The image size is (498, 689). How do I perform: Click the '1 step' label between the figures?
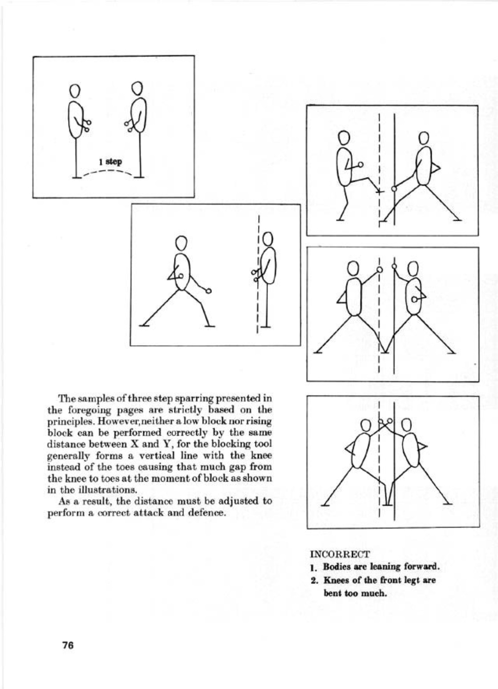tap(110, 162)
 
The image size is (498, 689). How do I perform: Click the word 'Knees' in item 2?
tap(336, 580)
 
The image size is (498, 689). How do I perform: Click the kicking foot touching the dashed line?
tap(378, 191)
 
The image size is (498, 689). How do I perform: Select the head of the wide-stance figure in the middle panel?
tap(181, 243)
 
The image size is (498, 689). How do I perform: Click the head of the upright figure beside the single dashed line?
tap(267, 240)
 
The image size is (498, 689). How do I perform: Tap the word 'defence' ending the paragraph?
tap(207, 513)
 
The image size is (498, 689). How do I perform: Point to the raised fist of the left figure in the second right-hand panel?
tap(379, 270)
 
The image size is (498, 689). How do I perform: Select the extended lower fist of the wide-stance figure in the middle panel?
tap(208, 291)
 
